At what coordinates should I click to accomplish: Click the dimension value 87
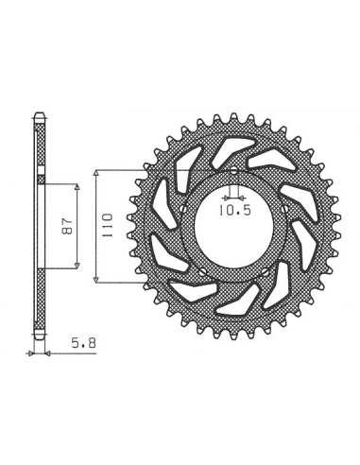(x=68, y=226)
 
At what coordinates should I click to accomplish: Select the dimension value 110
(x=107, y=225)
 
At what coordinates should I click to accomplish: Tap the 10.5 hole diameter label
(x=235, y=210)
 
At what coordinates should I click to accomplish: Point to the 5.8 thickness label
(x=83, y=343)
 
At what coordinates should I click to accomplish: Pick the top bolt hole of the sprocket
(x=233, y=171)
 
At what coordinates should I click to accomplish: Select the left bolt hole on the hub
(x=183, y=209)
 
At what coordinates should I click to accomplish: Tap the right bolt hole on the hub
(x=285, y=209)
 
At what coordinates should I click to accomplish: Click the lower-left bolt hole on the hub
(x=201, y=271)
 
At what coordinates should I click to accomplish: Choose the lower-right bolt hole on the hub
(x=266, y=271)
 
